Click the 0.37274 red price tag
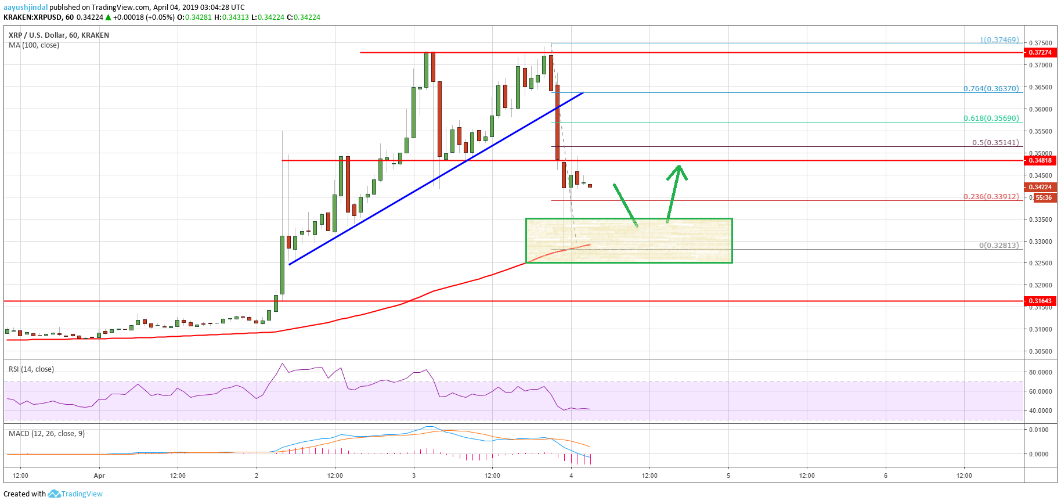pyautogui.click(x=1040, y=52)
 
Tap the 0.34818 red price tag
pyautogui.click(x=1040, y=160)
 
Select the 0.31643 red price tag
pyautogui.click(x=1040, y=301)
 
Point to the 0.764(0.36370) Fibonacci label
pyautogui.click(x=991, y=89)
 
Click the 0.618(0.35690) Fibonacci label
pyautogui.click(x=991, y=118)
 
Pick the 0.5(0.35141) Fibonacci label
pyautogui.click(x=995, y=142)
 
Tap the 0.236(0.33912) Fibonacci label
pyautogui.click(x=991, y=196)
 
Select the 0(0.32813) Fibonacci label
pyautogui.click(x=998, y=245)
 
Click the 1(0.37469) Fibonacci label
pyautogui.click(x=999, y=40)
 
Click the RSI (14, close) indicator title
pyautogui.click(x=31, y=369)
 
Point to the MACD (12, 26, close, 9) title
pyautogui.click(x=46, y=434)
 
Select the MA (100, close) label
pyautogui.click(x=34, y=45)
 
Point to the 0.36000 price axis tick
pyautogui.click(x=1040, y=109)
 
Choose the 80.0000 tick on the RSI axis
pyautogui.click(x=1040, y=372)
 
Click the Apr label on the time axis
pyautogui.click(x=99, y=476)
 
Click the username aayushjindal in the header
pyautogui.click(x=26, y=8)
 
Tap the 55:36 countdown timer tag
pyautogui.click(x=1044, y=197)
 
